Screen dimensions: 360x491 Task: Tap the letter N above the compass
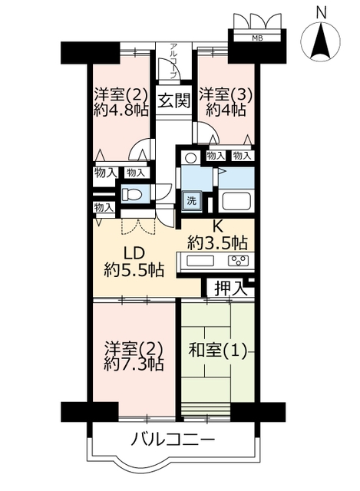321,13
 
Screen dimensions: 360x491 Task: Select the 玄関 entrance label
173,101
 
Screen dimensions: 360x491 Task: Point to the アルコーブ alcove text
173,61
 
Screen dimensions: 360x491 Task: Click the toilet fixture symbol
131,195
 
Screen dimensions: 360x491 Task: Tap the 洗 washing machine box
191,201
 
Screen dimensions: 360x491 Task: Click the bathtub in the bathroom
236,201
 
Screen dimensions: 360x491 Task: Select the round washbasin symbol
190,157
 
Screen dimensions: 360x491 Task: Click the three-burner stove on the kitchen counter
239,260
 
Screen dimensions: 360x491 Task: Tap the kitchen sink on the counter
200,261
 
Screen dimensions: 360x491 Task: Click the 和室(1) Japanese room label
216,351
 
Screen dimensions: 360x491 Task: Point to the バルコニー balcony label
173,440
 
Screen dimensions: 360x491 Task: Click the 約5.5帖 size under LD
134,269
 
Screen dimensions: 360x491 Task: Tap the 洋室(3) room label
225,94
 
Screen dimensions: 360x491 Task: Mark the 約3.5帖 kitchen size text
218,242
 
